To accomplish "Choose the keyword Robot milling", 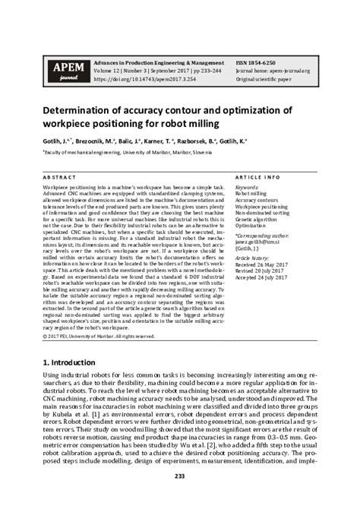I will coord(251,194).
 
